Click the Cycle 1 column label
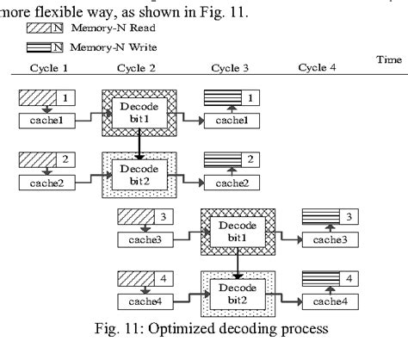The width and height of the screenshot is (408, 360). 49,68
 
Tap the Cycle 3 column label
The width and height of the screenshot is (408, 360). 230,68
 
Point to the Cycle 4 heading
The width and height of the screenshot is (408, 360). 317,67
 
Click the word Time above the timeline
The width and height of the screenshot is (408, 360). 389,59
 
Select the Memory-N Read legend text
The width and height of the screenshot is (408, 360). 114,28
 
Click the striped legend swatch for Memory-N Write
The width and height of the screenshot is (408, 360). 45,47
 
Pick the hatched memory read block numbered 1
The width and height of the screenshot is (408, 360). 47,98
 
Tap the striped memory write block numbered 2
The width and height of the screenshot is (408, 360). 232,160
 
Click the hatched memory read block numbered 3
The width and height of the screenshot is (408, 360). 145,217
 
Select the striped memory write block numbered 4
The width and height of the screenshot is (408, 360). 331,279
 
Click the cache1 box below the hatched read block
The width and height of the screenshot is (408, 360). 47,121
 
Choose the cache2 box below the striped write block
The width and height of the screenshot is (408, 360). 232,183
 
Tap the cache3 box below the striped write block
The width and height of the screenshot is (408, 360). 331,239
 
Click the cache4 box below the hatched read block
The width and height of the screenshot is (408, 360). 145,301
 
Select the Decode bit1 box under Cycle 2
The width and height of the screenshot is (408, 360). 139,113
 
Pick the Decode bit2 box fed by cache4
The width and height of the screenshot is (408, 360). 238,294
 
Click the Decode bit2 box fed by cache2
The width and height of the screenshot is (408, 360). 139,175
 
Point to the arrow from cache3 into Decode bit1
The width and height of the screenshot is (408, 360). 190,235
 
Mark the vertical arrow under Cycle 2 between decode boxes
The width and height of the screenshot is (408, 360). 139,144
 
